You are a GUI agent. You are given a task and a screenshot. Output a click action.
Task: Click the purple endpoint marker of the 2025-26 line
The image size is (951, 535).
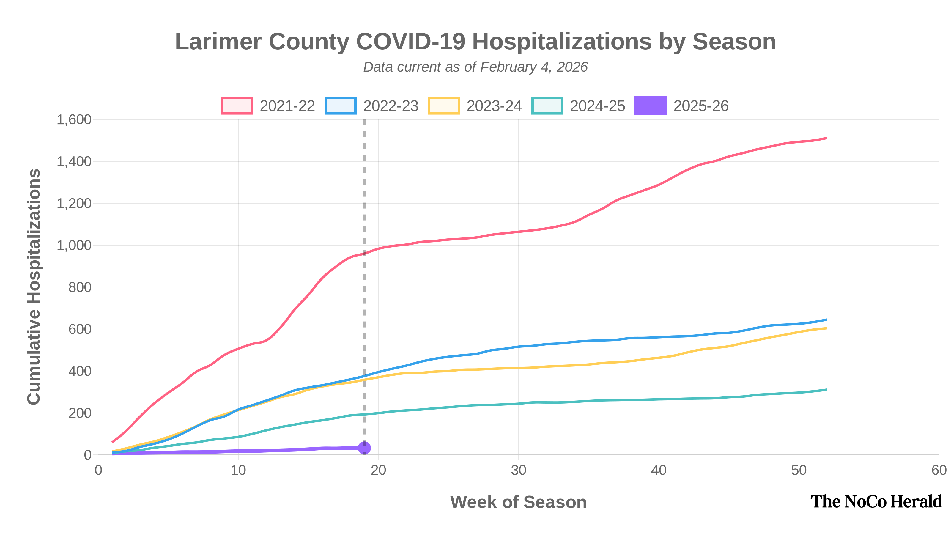364,448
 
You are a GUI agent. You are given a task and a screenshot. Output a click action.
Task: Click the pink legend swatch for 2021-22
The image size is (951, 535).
237,106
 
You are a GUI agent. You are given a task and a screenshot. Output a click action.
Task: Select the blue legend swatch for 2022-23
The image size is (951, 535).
340,106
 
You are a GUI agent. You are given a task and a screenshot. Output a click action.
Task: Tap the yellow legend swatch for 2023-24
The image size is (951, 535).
444,106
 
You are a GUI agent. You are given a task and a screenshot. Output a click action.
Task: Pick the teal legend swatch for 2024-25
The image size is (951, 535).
547,106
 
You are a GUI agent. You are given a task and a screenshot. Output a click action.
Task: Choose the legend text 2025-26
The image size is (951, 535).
701,106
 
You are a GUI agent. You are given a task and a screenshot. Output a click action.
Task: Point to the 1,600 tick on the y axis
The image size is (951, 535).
74,119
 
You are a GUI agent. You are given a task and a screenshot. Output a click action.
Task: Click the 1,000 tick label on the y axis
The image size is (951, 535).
74,246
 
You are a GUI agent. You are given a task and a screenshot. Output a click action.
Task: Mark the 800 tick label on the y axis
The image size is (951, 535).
80,287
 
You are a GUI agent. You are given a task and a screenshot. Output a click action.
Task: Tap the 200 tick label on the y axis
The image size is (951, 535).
80,413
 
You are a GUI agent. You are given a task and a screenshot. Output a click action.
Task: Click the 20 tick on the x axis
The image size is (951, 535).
378,471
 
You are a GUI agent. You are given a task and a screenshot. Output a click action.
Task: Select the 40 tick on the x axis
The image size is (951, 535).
659,471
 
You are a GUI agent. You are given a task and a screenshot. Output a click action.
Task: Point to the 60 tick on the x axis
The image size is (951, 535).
939,471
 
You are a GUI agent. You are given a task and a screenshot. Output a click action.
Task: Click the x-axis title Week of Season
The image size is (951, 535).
518,502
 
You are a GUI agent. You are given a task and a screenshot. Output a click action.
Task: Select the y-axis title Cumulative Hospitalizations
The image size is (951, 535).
34,287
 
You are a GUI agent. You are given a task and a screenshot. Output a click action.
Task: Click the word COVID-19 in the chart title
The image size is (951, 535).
410,41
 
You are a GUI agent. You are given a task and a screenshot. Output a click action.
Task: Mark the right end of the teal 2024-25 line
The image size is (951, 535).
826,390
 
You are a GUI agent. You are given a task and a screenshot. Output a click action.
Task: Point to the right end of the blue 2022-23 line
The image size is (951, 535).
826,320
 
